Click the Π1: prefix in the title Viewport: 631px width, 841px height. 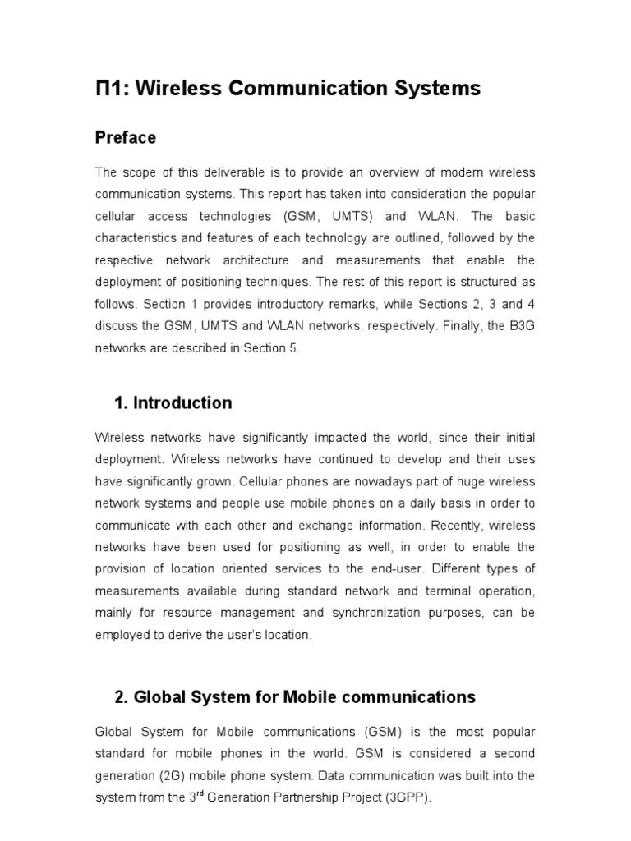pos(112,89)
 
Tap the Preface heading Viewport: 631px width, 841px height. pos(126,138)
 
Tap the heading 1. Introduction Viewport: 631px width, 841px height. pos(173,403)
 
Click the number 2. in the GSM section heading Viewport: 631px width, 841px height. pos(122,697)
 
